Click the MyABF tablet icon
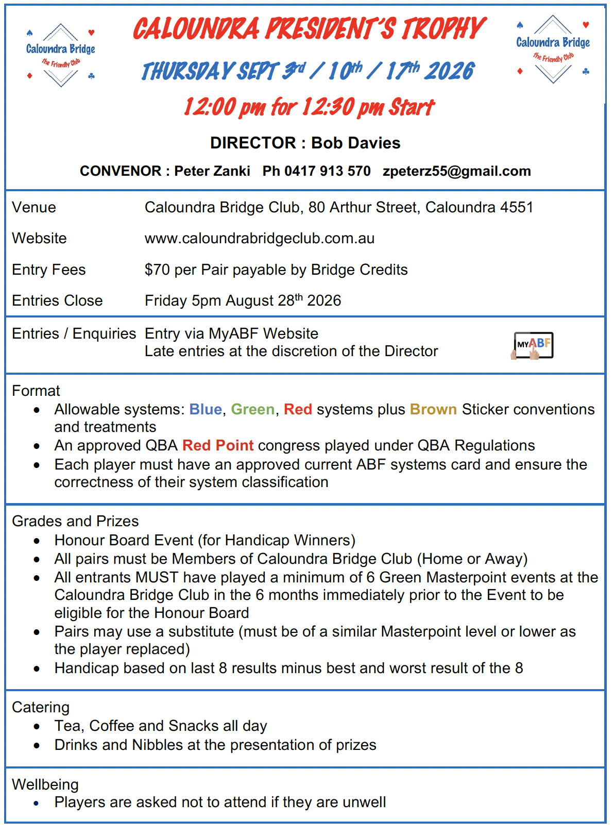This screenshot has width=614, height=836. click(533, 345)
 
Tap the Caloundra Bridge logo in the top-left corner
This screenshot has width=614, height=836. click(61, 55)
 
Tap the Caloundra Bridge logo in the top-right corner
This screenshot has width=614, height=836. click(553, 49)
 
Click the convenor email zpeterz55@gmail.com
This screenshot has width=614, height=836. click(456, 171)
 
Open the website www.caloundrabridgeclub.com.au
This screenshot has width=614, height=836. click(259, 238)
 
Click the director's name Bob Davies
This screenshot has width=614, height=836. click(355, 143)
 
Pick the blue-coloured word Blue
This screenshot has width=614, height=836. click(205, 409)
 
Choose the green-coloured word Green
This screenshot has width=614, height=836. click(252, 409)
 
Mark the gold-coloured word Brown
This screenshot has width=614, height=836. click(433, 409)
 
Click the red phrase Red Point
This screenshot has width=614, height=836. click(218, 445)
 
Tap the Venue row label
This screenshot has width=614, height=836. click(34, 207)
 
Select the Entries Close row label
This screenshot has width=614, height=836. click(57, 300)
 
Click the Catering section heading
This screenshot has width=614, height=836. click(41, 707)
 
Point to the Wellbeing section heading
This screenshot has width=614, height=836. click(45, 784)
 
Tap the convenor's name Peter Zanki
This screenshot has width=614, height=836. click(212, 171)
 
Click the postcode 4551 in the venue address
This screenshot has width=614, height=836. click(516, 207)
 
